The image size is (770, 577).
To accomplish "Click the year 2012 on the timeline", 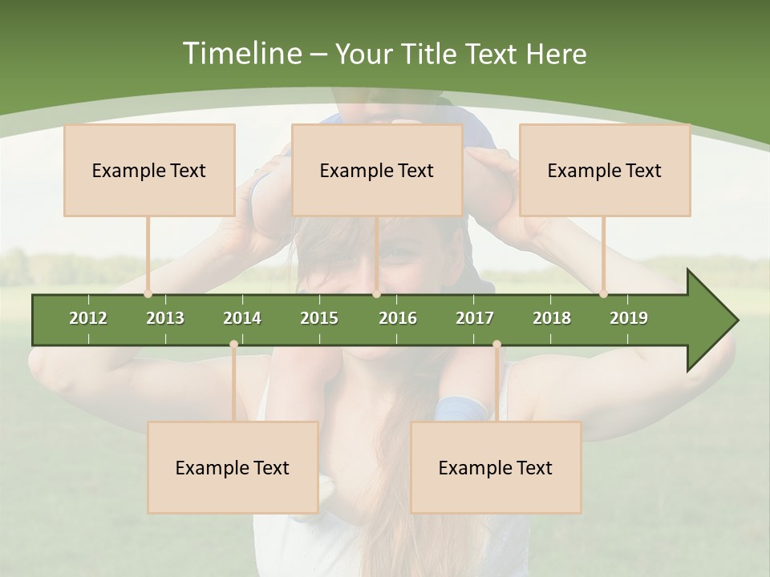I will [x=88, y=318].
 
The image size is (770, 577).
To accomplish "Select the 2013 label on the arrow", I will [x=165, y=318].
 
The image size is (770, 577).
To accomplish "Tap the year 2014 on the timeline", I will [x=242, y=318].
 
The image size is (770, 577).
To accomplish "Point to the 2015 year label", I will [x=319, y=318].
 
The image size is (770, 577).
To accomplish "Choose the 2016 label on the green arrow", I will [x=398, y=318].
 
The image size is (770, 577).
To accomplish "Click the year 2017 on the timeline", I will [x=475, y=318].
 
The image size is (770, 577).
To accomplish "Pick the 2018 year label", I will [x=552, y=318].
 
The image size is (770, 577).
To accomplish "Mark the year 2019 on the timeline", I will [x=629, y=318].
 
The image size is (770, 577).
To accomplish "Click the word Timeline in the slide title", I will [x=240, y=54].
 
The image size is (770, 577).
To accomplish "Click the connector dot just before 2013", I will [x=148, y=294].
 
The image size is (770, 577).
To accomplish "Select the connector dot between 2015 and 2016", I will [x=376, y=294].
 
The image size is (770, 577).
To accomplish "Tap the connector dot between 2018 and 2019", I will [x=603, y=294].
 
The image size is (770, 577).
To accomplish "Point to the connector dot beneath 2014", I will [x=233, y=345].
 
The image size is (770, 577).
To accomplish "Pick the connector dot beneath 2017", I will [x=496, y=345].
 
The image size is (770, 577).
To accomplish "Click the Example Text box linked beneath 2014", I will [x=233, y=467].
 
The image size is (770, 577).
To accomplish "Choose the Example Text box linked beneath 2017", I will [x=496, y=467].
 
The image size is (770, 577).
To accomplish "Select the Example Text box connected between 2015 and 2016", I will [x=377, y=170].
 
